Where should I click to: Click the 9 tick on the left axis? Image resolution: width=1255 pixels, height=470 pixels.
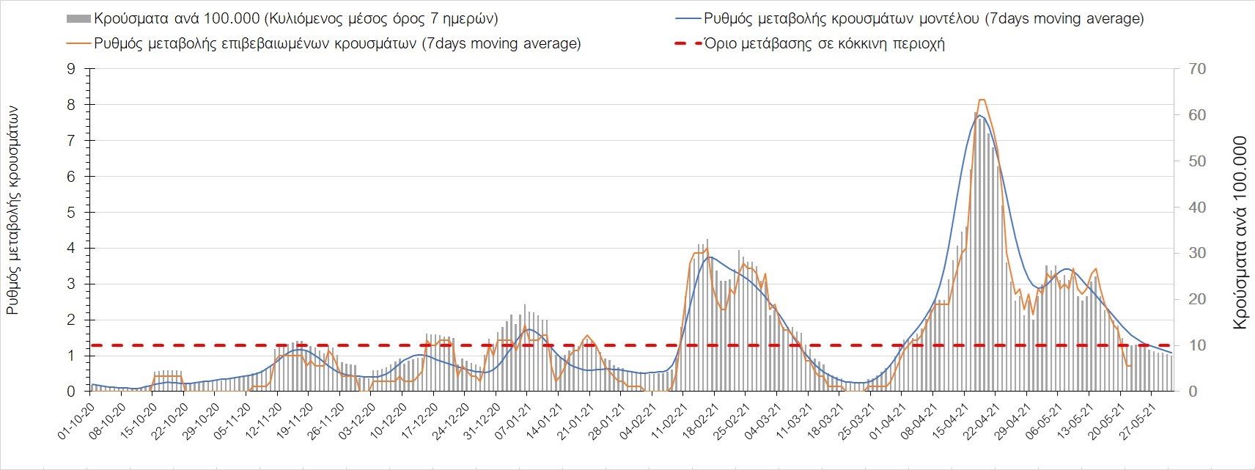pos(71,69)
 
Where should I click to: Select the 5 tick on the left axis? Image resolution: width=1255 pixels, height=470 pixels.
pos(71,213)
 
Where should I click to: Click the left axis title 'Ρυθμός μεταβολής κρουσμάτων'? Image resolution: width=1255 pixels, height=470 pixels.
pos(12,210)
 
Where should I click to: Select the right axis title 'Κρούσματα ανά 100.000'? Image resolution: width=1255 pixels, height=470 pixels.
pos(1240,232)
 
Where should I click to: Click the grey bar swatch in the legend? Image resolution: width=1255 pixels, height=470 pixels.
pos(78,18)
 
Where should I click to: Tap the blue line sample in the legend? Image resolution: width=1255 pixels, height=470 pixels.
pos(686,18)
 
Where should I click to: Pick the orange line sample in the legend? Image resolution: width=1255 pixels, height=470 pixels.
pos(78,43)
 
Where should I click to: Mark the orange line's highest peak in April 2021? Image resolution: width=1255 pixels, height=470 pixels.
pos(982,100)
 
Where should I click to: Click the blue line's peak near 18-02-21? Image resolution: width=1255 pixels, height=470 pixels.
pos(710,257)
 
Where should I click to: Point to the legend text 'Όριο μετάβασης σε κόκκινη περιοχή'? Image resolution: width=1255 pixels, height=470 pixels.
pos(824,43)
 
